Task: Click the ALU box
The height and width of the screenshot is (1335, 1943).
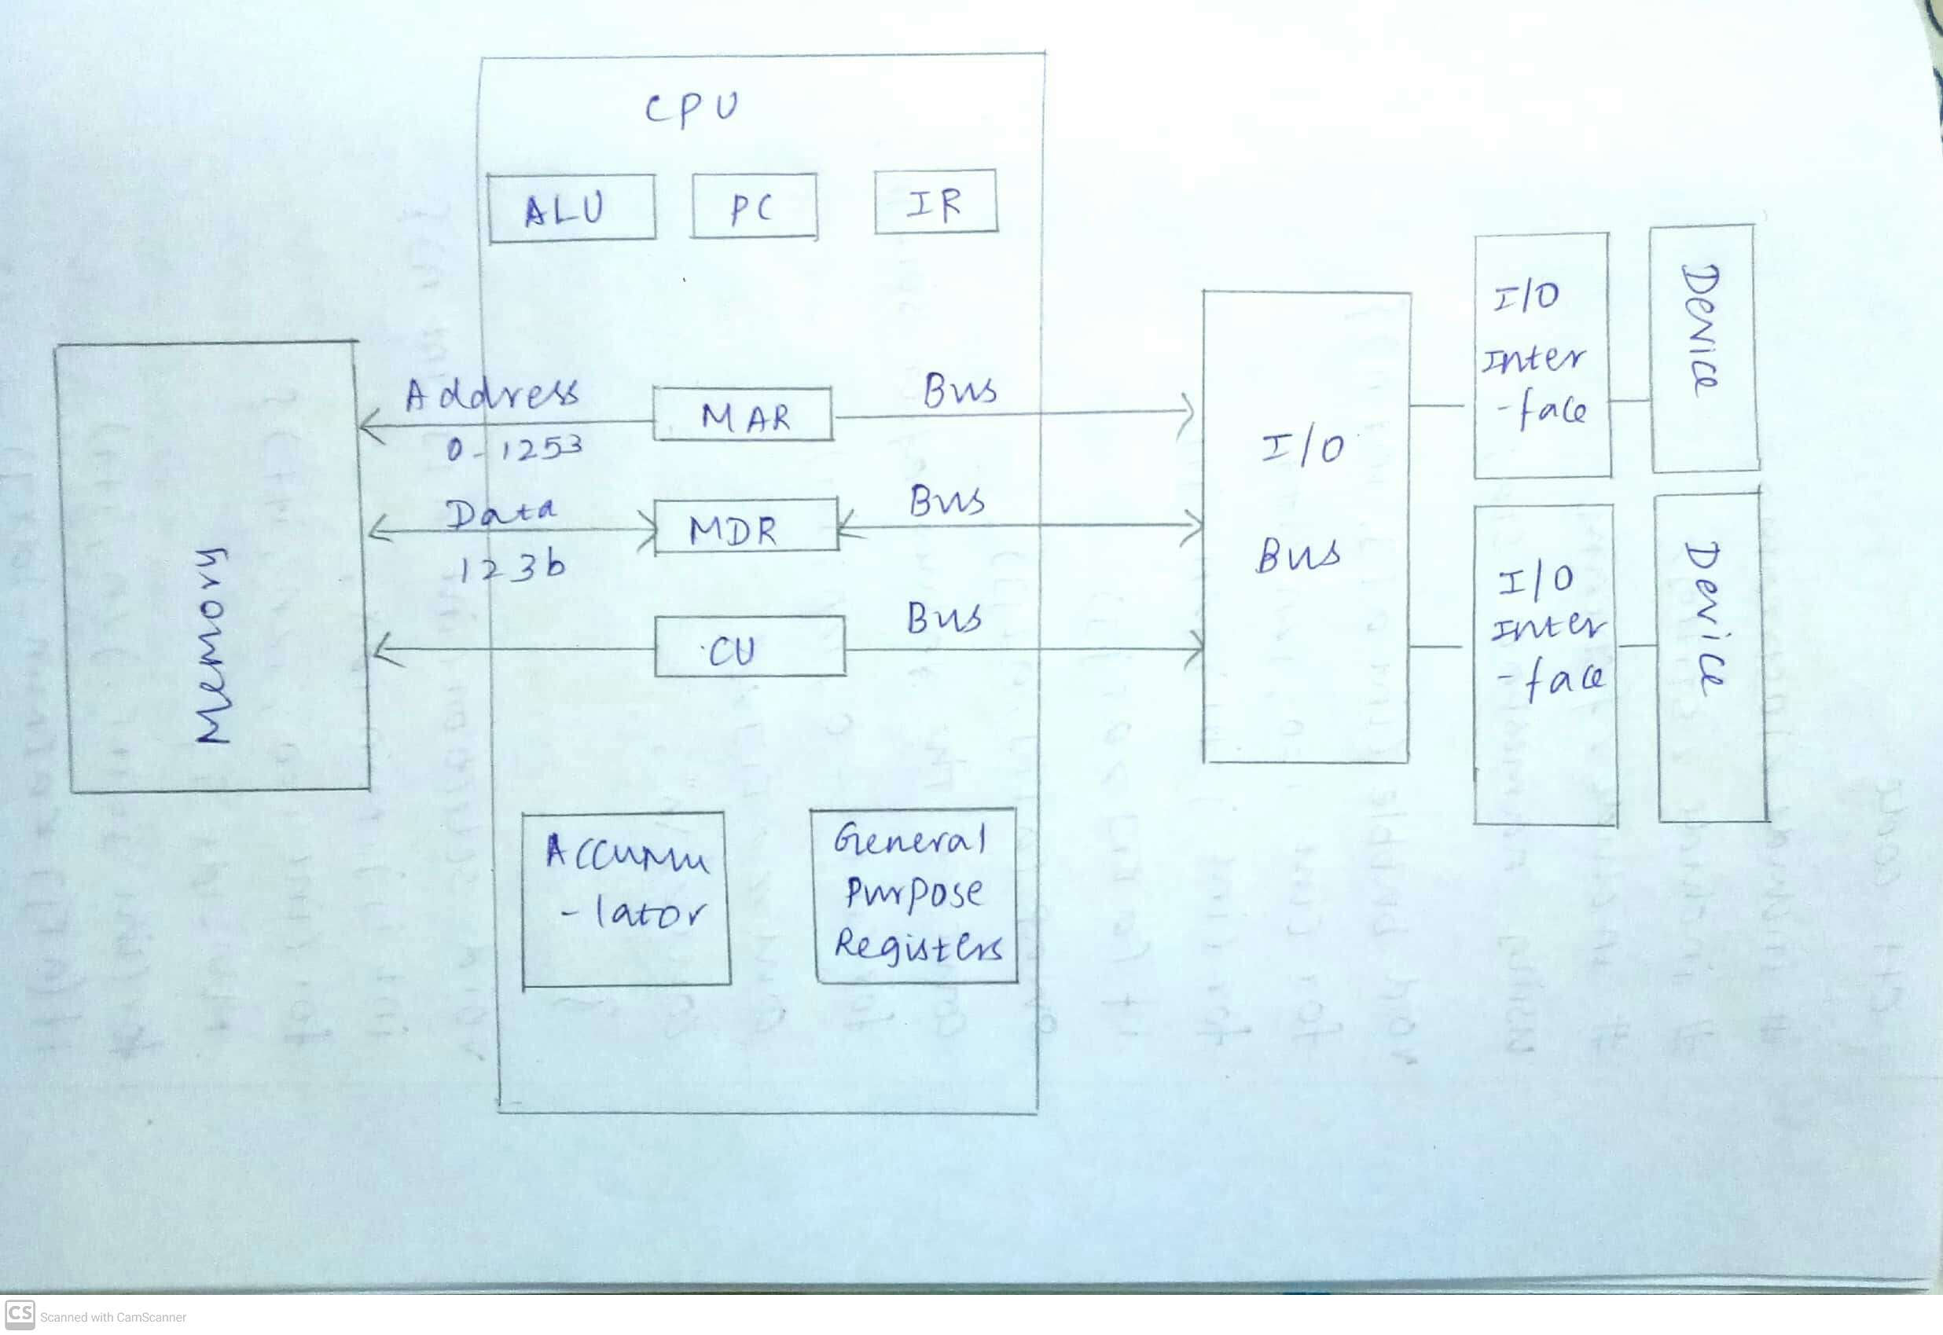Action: [571, 208]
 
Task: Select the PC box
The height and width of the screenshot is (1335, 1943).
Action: [754, 207]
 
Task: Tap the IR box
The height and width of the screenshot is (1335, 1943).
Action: [935, 203]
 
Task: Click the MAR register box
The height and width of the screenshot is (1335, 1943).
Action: [743, 415]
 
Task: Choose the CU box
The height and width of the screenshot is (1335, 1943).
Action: [749, 647]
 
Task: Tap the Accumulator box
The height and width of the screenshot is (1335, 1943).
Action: [626, 898]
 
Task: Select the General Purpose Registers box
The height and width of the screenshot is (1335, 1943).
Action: [915, 896]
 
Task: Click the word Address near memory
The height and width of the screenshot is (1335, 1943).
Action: [491, 393]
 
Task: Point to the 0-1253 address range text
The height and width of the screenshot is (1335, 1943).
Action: [513, 449]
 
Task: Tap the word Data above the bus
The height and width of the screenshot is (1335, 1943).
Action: [500, 512]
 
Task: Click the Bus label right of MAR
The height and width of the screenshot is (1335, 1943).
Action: [959, 391]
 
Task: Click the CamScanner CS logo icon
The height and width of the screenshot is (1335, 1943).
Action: [19, 1314]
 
